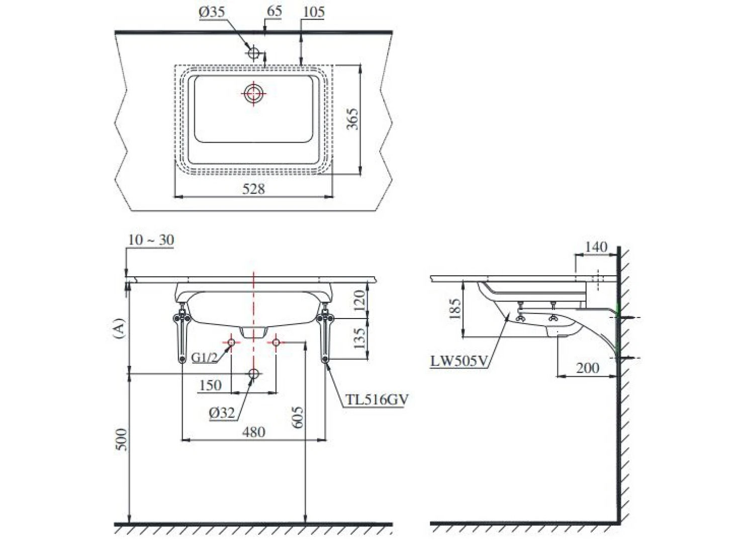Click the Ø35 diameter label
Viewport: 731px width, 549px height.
[x=212, y=13]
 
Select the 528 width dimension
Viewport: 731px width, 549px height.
[x=253, y=189]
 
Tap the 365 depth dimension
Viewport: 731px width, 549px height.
[x=352, y=119]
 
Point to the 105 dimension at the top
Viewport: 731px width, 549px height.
[x=314, y=12]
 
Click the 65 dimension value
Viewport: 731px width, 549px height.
[x=274, y=11]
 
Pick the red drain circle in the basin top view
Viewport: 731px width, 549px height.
[x=253, y=94]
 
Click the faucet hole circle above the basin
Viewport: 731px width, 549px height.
[x=254, y=53]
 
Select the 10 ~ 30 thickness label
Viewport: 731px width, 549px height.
[x=151, y=240]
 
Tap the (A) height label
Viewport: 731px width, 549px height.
[x=120, y=328]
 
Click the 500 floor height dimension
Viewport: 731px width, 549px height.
[x=122, y=439]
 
